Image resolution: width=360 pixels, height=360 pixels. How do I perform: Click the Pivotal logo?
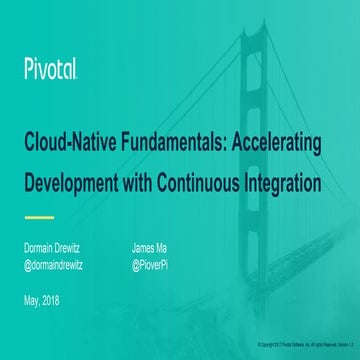50,69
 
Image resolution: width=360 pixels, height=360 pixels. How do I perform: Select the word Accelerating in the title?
276,143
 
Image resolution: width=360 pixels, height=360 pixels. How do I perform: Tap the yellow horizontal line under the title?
38,216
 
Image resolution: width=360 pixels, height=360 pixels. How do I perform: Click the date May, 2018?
44,301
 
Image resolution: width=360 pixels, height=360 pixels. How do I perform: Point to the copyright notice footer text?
306,344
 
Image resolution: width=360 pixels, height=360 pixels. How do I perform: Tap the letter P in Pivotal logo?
28,69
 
